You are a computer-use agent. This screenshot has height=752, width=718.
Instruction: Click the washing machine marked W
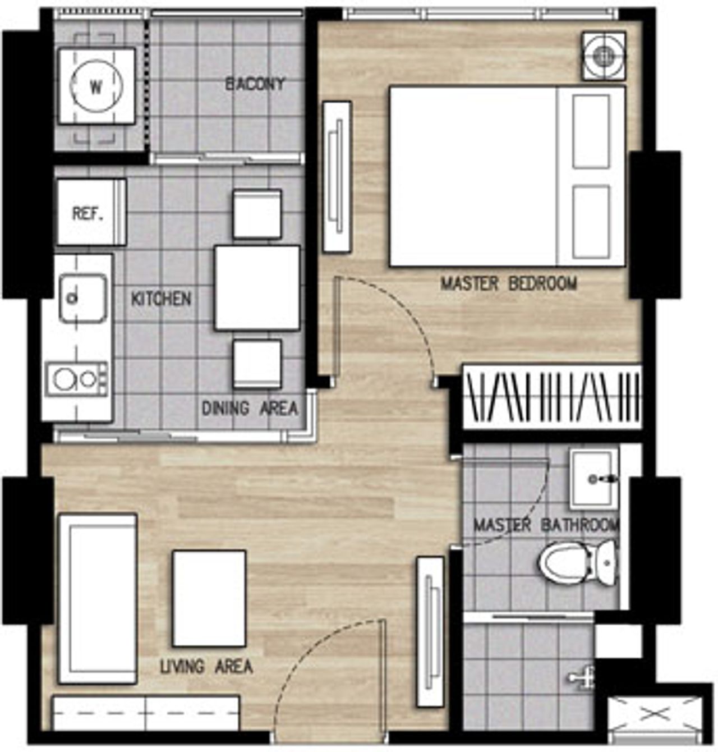96,86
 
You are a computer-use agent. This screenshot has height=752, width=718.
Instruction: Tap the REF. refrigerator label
88,213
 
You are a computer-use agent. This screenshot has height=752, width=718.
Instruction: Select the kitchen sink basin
82,298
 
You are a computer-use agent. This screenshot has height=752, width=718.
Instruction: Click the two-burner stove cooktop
77,379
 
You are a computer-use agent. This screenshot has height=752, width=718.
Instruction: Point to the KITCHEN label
161,299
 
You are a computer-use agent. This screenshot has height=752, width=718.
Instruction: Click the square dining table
257,288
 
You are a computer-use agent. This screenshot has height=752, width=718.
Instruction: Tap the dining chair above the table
257,214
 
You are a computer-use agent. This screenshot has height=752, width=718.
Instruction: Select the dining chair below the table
257,364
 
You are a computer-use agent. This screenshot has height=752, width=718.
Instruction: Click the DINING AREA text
250,408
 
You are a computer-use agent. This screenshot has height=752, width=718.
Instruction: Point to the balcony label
255,84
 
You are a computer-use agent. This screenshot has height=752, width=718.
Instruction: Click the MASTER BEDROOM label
509,283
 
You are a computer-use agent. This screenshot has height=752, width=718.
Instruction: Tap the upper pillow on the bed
591,131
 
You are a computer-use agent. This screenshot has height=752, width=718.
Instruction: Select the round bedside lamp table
604,56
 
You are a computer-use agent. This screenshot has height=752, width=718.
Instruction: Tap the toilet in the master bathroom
577,563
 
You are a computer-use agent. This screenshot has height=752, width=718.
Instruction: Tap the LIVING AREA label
206,667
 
